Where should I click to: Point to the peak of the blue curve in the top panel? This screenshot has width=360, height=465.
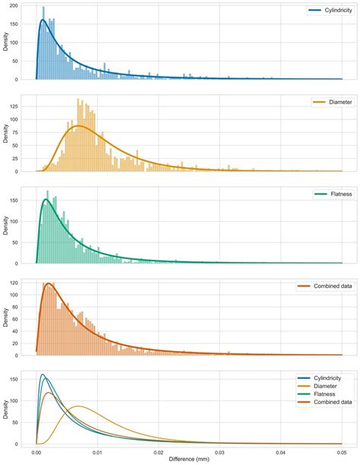pos(43,20)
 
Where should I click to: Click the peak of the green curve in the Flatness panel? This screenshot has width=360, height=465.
pos(46,200)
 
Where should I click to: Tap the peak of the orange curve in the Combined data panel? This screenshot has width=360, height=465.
pos(49,283)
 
